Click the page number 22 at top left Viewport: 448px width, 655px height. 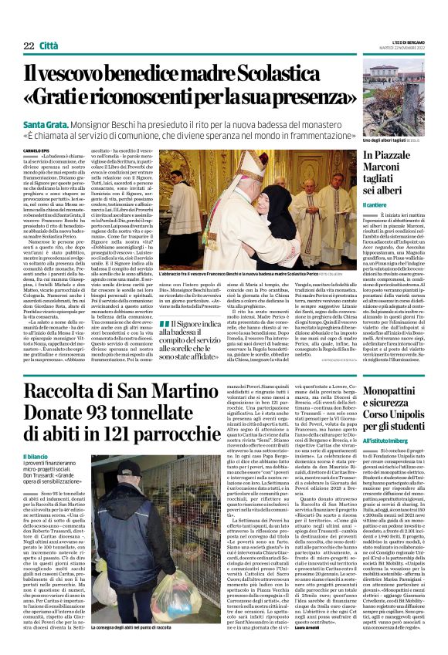[x=29, y=46]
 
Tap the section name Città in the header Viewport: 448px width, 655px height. [x=48, y=46]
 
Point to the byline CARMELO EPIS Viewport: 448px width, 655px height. [x=38, y=151]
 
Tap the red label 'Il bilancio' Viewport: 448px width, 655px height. [x=36, y=457]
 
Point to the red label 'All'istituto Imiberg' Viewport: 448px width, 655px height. [x=387, y=439]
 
